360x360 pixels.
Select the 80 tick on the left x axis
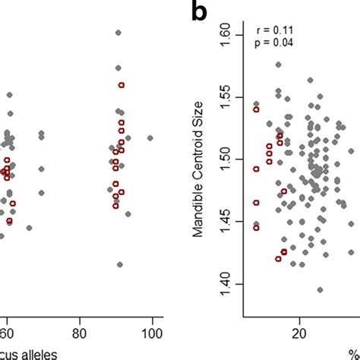79,332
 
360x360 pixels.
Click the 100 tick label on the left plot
152,332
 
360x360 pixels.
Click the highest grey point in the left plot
118,33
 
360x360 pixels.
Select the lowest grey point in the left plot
119,264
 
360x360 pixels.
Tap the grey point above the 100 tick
150,138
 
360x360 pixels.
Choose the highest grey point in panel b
278,65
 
